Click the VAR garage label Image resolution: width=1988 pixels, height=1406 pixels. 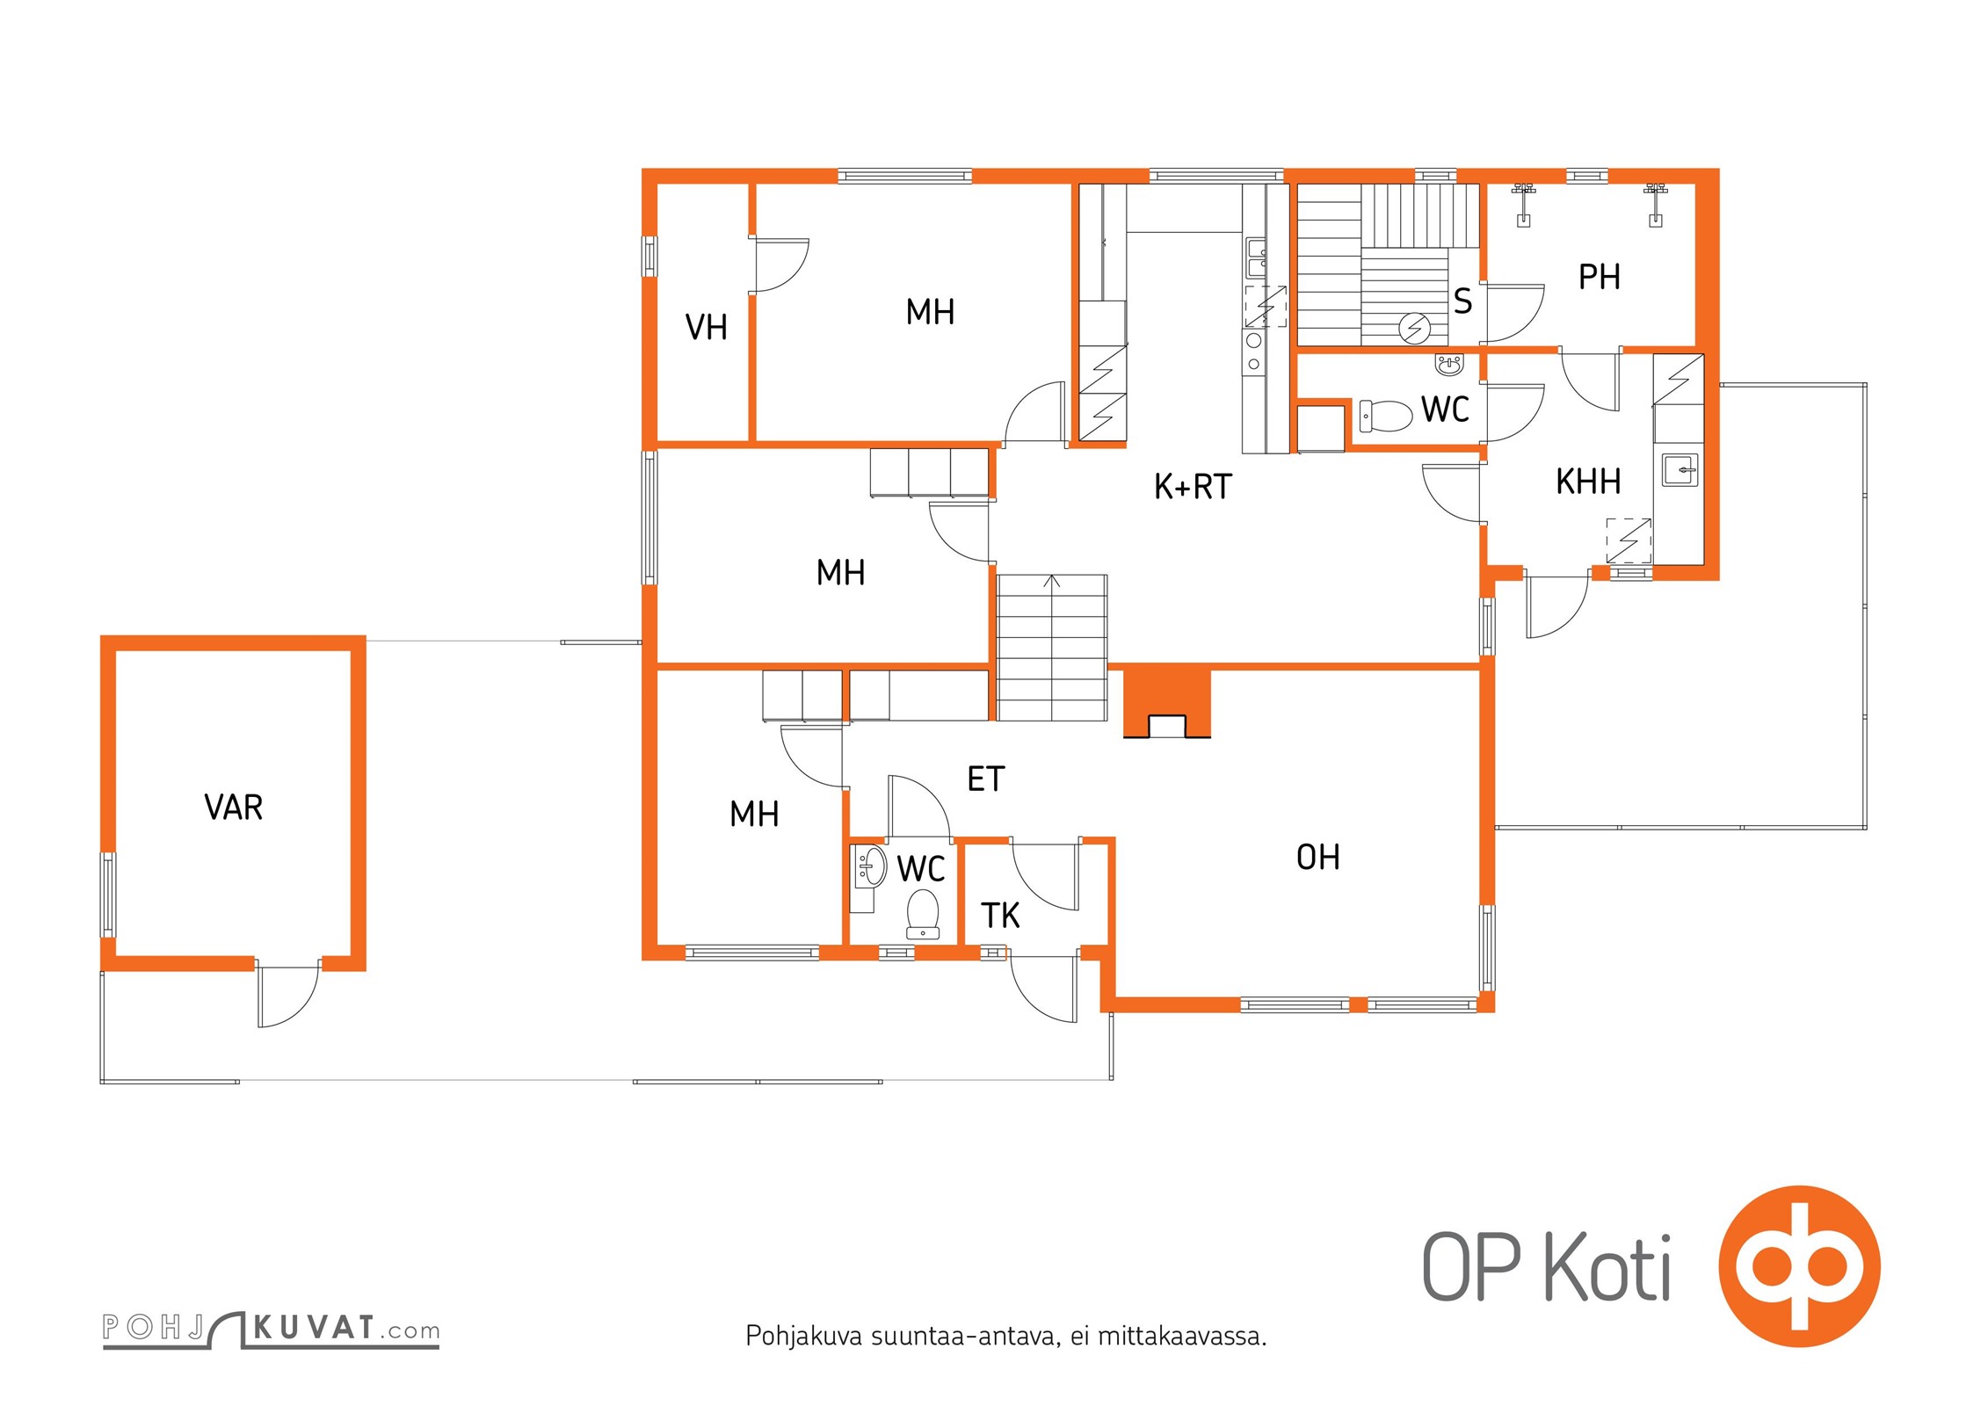coord(233,807)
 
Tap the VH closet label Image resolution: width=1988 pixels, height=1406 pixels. coord(706,327)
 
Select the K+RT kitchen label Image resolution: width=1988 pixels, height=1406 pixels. coord(1193,486)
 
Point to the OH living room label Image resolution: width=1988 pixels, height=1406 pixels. coord(1317,857)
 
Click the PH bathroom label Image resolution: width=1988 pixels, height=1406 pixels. coord(1599,277)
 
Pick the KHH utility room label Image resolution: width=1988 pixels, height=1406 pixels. coord(1588,482)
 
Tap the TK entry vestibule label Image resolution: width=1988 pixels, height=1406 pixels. coord(1000,916)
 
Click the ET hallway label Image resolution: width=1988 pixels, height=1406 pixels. coord(985,779)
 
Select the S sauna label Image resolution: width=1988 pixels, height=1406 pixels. coord(1462,301)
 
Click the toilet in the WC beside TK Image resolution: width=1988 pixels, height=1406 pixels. coord(923,914)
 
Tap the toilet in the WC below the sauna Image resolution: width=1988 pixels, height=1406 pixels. coord(1386,416)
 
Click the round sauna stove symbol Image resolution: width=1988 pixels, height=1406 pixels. coord(1414,329)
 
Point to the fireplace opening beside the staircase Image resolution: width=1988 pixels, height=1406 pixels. coord(1167,727)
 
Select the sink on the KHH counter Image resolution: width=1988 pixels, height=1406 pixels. coord(1680,469)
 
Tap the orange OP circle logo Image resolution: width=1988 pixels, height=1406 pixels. coord(1799,1266)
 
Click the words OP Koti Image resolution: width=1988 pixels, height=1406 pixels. coord(1546,1266)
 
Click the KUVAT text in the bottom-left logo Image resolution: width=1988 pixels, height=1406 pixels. coord(315,1327)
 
